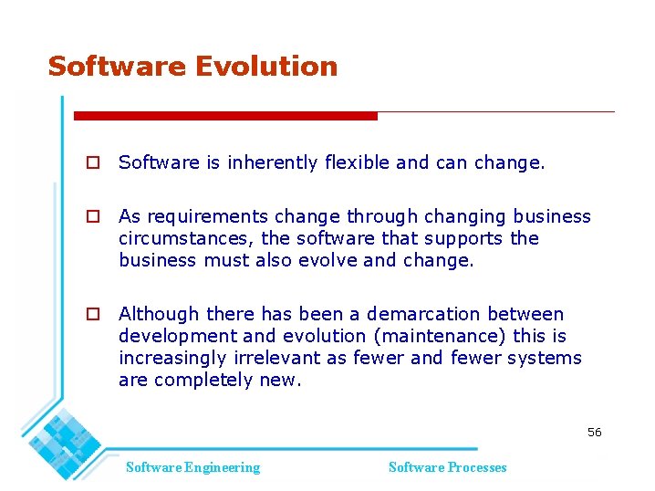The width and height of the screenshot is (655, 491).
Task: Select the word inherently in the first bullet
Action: point(269,163)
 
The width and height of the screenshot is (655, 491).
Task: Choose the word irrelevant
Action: point(273,358)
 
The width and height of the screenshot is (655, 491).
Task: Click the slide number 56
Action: point(594,433)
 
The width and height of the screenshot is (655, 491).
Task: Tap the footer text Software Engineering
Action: point(192,467)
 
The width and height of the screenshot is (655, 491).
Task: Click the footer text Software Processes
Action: point(447,467)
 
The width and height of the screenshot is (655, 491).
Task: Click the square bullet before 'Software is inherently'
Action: point(92,163)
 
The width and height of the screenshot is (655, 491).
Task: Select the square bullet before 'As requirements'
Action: point(92,217)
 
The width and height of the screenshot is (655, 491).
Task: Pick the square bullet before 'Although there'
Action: point(92,314)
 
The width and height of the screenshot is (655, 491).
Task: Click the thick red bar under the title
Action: point(224,116)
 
